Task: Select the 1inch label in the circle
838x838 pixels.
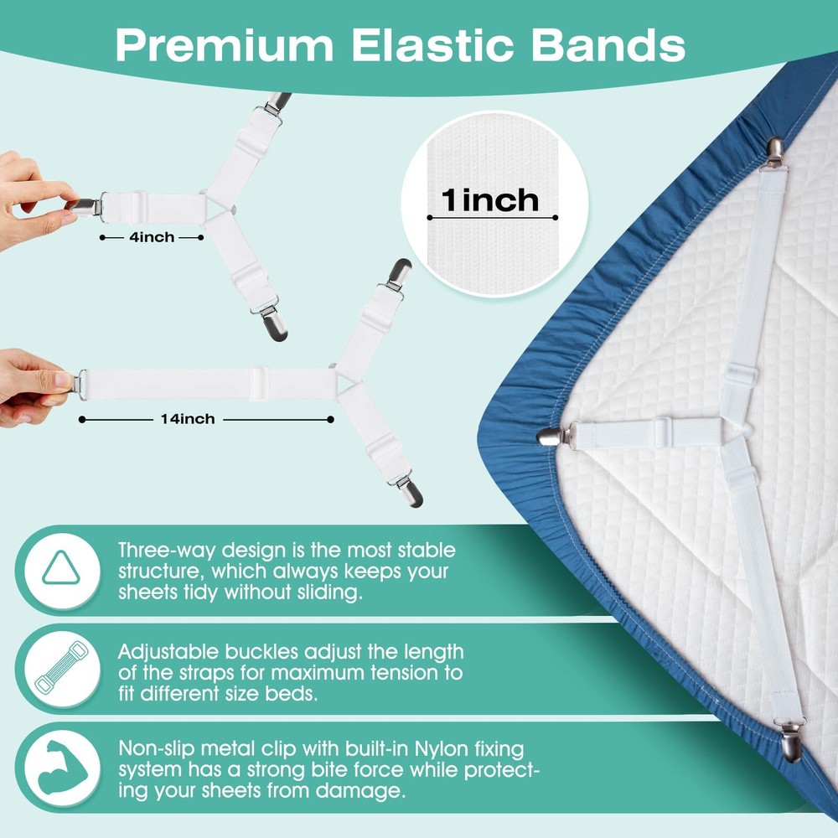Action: tap(491, 200)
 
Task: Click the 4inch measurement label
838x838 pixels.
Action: tap(152, 238)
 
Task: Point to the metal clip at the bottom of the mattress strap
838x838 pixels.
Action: tap(790, 745)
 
